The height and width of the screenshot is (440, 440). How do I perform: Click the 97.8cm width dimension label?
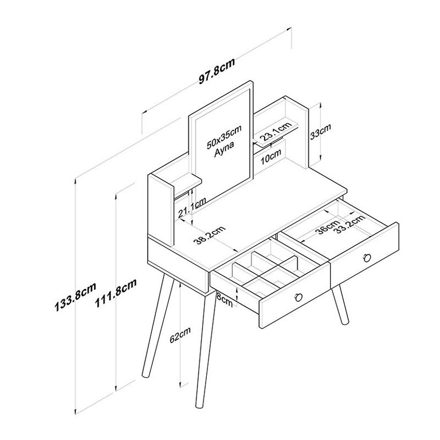pos(217,70)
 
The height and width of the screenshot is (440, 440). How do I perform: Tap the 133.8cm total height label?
pos(75,297)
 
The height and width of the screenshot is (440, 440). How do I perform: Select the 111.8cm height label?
pos(115,293)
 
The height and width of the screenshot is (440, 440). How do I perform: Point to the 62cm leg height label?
pos(180,335)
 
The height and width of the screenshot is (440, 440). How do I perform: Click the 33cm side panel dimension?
pos(320,131)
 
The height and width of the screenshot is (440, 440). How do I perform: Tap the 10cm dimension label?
pos(270,156)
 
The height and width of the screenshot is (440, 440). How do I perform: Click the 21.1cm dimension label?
pos(192,207)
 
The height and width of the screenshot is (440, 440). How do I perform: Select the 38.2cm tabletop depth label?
pos(210,235)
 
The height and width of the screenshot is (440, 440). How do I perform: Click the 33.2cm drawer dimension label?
pos(351,223)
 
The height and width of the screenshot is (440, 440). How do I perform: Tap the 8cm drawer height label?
pos(225,299)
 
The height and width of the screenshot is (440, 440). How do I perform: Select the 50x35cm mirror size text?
pos(224,137)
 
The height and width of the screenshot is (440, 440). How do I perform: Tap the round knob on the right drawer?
pos(367,257)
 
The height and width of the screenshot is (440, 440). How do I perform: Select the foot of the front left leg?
pos(146,374)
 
